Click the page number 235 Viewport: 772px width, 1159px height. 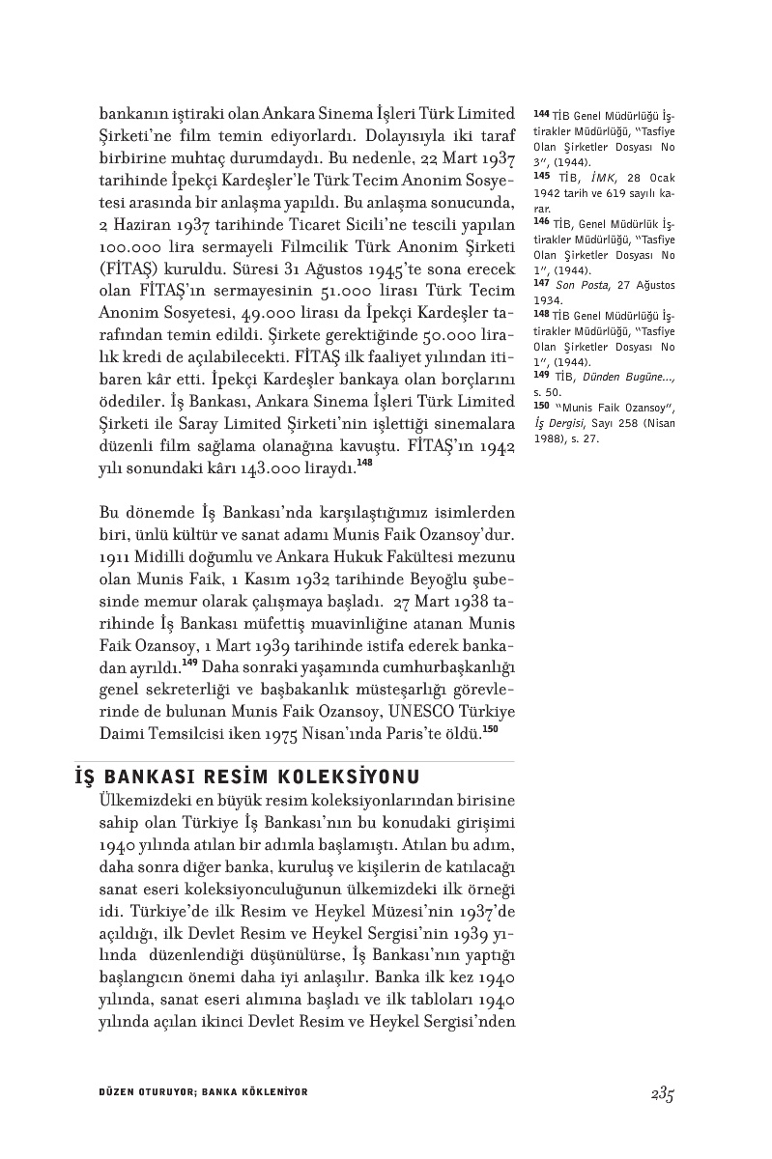[661, 1094]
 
